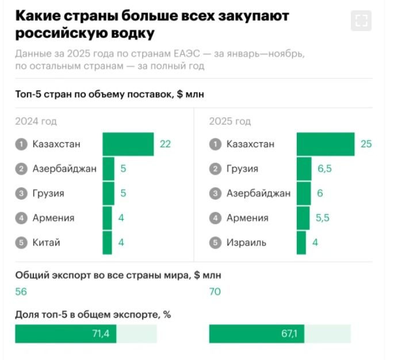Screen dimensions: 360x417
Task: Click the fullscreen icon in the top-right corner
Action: coord(361,21)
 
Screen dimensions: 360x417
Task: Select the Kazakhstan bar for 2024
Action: coord(128,144)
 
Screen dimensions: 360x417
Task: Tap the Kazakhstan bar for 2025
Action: coord(326,144)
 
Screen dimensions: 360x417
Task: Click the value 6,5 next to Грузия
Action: coord(325,169)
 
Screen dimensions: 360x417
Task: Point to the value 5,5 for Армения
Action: coord(323,218)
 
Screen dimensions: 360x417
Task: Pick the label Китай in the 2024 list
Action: coord(46,243)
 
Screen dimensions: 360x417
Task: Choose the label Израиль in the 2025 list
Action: coord(246,243)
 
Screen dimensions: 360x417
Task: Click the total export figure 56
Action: coord(21,292)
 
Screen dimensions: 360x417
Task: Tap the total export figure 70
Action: coord(215,292)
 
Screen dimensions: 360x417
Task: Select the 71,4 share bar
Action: coord(66,334)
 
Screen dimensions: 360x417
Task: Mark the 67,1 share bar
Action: coord(257,334)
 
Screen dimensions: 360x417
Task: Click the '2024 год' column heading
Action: coord(36,121)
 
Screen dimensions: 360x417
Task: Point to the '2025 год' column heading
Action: coord(230,121)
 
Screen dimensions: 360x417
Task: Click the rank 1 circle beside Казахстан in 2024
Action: coord(21,144)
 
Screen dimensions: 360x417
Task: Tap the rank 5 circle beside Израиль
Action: coord(215,243)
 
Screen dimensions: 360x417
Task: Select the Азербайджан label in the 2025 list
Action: coord(258,194)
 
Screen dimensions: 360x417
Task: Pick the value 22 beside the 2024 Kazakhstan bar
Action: coord(165,144)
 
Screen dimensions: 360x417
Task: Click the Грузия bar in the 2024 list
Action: coord(108,194)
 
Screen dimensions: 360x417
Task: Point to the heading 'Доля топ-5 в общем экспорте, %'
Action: coord(93,315)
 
